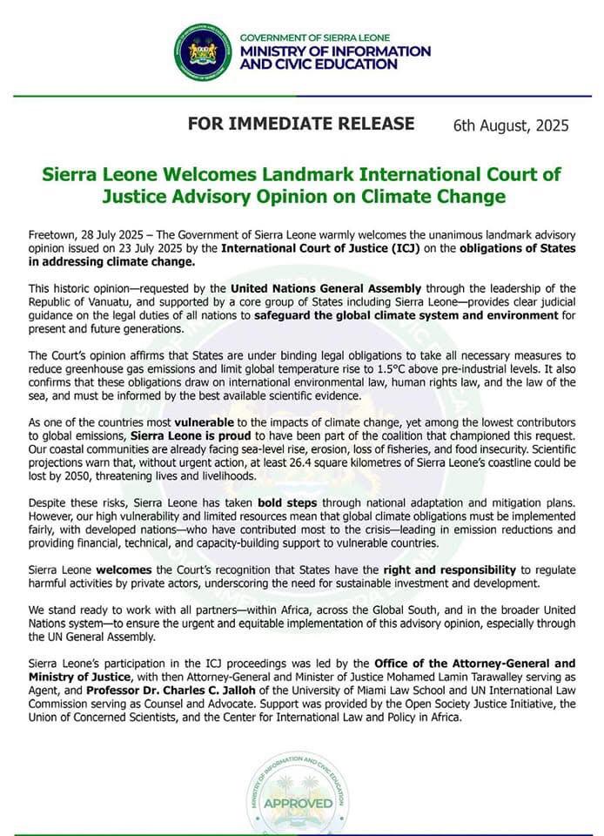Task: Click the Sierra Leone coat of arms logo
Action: [203, 52]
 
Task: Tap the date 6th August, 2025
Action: [511, 125]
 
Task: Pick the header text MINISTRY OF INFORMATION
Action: [335, 51]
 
